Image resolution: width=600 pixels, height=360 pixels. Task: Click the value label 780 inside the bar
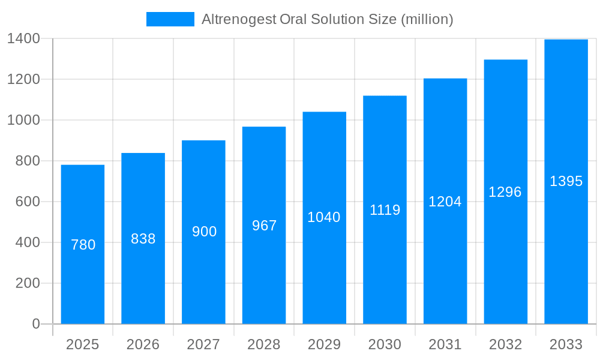83,245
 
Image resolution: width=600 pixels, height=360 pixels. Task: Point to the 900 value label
204,232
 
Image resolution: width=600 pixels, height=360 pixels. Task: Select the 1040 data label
324,217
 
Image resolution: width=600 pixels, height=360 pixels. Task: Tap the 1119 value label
385,210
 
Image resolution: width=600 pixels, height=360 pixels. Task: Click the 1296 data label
505,192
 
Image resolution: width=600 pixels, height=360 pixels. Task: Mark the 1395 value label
566,181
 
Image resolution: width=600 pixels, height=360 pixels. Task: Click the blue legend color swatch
170,19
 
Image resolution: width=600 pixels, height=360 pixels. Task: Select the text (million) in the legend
427,19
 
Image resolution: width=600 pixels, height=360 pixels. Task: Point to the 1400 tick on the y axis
23,39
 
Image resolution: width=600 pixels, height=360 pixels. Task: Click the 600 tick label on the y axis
28,202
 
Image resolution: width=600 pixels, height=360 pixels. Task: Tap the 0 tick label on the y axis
36,324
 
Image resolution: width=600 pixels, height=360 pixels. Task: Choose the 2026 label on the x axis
143,344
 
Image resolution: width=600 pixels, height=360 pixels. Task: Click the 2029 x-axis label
324,344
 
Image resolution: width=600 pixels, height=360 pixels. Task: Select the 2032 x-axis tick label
505,344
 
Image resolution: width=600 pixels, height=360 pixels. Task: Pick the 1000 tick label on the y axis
23,120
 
